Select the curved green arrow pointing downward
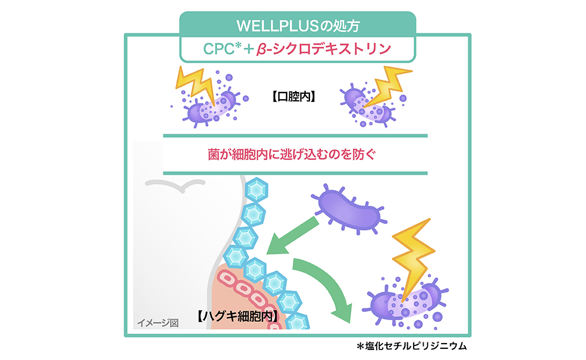(326, 287)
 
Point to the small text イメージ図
(157, 322)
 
